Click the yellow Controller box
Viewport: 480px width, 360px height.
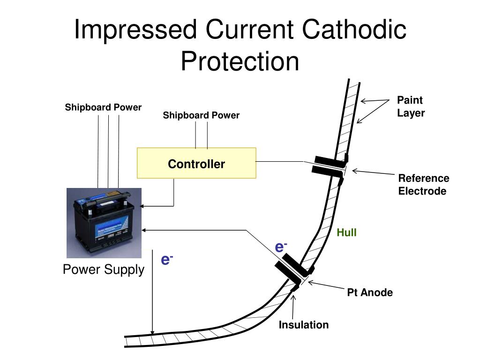196,163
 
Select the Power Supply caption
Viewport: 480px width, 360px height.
104,270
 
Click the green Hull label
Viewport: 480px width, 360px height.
346,232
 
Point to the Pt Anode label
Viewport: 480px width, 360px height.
370,292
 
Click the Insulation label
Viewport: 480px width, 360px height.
304,325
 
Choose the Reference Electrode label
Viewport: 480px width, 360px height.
423,185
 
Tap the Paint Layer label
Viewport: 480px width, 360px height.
411,106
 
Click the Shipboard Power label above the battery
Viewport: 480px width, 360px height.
103,107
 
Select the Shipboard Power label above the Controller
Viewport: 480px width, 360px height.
201,115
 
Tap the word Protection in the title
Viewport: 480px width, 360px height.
240,61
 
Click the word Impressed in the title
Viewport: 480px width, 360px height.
135,30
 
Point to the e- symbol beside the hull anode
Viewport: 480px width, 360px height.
281,247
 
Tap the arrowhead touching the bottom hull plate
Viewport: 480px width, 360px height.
152,332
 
